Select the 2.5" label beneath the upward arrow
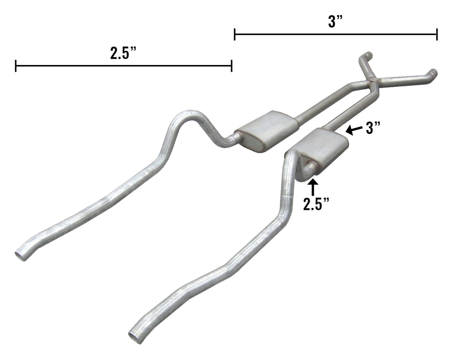click(x=316, y=204)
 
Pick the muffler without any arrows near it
click(x=266, y=130)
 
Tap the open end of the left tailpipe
click(x=21, y=255)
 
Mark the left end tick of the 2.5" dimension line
click(x=16, y=66)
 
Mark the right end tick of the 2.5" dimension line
click(x=232, y=66)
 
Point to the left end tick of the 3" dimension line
click(x=234, y=34)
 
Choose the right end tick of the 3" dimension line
click(x=437, y=34)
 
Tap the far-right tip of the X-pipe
click(x=434, y=72)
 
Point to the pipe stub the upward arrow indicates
click(x=309, y=171)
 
